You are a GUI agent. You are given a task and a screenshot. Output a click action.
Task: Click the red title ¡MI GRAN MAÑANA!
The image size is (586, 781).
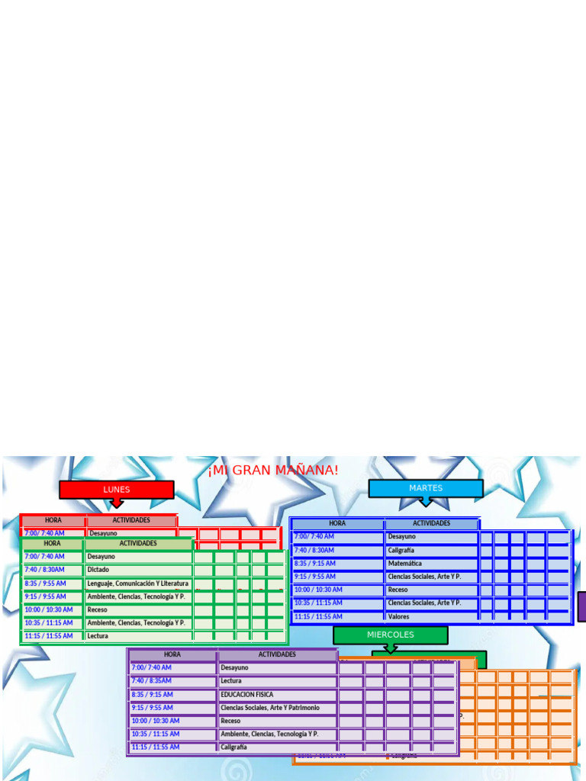[x=273, y=471]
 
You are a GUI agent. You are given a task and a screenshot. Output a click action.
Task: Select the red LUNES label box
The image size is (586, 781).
[x=117, y=490]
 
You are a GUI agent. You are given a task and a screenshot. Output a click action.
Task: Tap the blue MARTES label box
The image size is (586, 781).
[x=426, y=488]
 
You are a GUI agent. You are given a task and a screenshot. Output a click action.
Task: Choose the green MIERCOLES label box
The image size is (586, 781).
[x=390, y=635]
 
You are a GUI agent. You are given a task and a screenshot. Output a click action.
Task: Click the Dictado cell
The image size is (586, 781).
[x=137, y=570]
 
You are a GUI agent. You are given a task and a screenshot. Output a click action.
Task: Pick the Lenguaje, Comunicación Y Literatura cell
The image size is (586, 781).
[x=137, y=583]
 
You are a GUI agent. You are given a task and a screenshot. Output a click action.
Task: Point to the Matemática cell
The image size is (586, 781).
[x=432, y=564]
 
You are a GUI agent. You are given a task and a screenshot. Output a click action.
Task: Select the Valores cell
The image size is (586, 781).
[x=432, y=616]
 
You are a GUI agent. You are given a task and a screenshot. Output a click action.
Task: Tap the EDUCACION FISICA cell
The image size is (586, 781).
[x=277, y=695]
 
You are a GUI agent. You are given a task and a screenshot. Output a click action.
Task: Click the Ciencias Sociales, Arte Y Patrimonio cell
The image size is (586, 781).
[x=277, y=708]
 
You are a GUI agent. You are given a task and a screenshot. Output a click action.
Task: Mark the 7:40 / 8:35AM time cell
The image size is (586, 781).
[x=172, y=681]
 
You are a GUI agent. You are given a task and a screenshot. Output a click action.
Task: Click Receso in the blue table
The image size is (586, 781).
[x=432, y=590]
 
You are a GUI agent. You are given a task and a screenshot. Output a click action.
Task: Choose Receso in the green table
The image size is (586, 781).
[x=137, y=610]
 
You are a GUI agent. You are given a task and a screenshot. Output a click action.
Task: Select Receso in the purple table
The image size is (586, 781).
[x=277, y=721]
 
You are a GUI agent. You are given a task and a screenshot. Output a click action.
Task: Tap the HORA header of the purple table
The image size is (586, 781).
[x=172, y=654]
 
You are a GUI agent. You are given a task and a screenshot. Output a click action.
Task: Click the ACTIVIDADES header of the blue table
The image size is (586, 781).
[x=432, y=524]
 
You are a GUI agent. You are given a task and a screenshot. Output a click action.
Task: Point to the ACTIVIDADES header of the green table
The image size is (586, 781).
[x=138, y=544]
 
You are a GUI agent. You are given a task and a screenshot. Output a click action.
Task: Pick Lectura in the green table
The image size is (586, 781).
[x=137, y=636]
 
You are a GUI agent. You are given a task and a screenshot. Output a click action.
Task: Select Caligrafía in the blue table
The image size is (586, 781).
[x=432, y=550]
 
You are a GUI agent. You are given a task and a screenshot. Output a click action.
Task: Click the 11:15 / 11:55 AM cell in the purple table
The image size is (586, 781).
[x=172, y=747]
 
